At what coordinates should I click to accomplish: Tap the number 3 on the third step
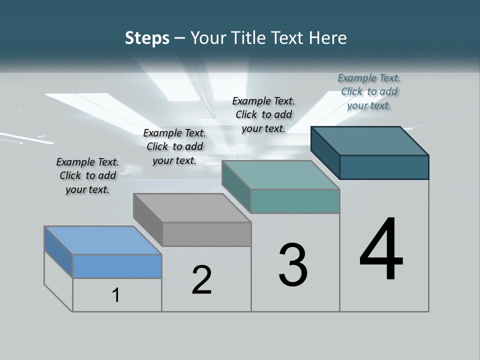[x=293, y=265]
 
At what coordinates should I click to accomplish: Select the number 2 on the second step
[x=202, y=280]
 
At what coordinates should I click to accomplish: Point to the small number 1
[x=116, y=295]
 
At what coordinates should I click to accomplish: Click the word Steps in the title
[x=147, y=38]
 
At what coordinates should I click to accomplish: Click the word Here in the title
[x=327, y=38]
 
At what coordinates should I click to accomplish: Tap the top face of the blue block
[x=102, y=240]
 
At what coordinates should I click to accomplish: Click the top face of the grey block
[x=191, y=208]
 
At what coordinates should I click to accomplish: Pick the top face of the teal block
[x=280, y=175]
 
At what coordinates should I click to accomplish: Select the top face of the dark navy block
[x=369, y=141]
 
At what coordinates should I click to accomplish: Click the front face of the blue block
[x=117, y=266]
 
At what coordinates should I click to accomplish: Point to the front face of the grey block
[x=206, y=234]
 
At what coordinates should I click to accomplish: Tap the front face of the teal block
[x=295, y=201]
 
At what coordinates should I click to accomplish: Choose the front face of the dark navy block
[x=384, y=167]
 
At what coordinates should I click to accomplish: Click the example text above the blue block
[x=87, y=175]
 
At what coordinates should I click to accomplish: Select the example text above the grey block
[x=174, y=146]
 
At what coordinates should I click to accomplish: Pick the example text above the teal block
[x=263, y=114]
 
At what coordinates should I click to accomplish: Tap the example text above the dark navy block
[x=369, y=91]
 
